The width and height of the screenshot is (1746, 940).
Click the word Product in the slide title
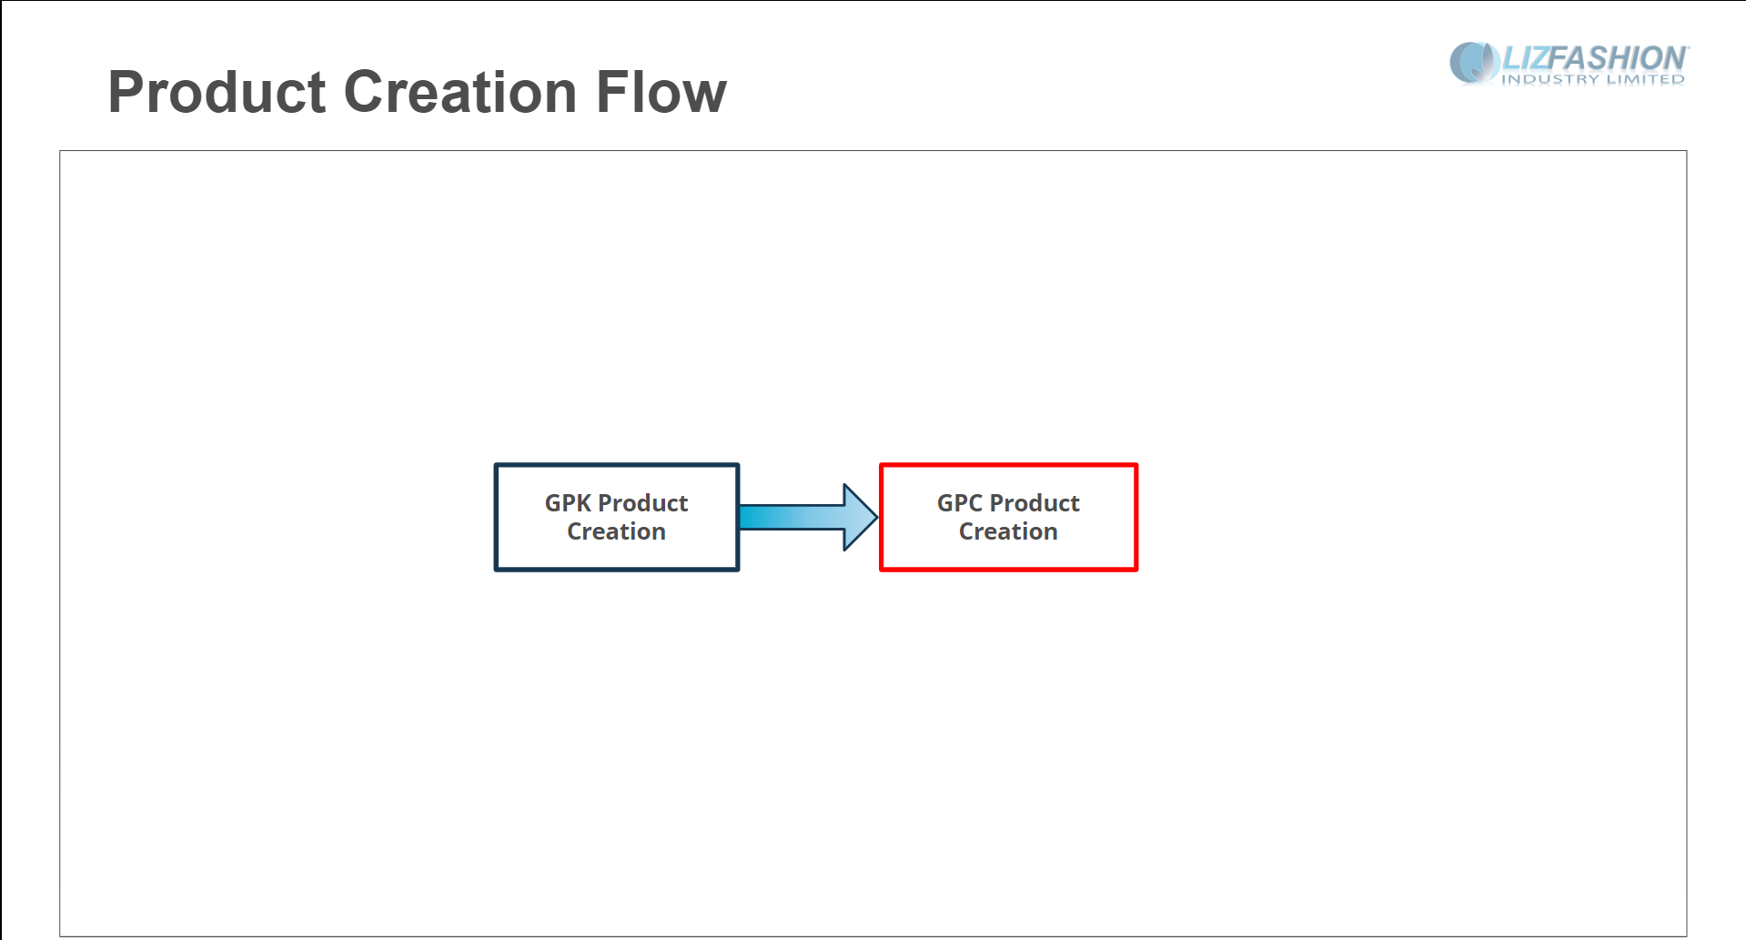[217, 92]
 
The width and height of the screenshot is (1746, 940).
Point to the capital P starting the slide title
[127, 92]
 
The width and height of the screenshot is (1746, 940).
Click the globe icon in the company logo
[1474, 63]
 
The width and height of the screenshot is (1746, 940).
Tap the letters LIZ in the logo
[1526, 58]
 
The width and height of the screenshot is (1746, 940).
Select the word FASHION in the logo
[1620, 58]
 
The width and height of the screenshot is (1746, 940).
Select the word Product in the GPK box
[642, 503]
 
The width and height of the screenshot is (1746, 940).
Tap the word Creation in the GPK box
[617, 531]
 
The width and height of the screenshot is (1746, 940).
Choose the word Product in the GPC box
[1034, 503]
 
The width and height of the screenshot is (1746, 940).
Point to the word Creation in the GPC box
[1008, 531]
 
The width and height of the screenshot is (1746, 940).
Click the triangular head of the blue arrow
[860, 517]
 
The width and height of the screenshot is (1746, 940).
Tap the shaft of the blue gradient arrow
[792, 517]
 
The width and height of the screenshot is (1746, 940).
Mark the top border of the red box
[1008, 465]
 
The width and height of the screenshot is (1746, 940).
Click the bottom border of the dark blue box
[617, 570]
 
